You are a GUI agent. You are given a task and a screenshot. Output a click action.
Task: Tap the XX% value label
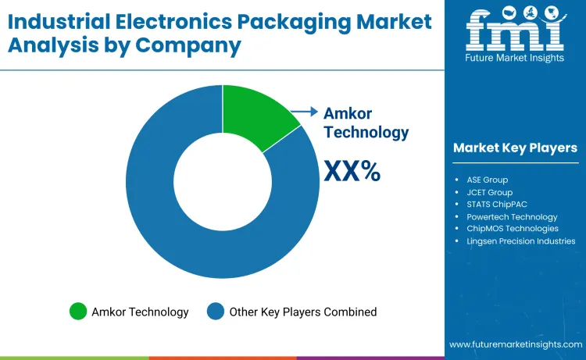click(352, 170)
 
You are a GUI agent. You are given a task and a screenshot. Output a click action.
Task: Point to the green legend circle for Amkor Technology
click(78, 312)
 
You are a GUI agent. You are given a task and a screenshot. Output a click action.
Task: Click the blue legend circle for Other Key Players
click(215, 312)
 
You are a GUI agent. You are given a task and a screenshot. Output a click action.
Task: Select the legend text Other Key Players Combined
click(302, 312)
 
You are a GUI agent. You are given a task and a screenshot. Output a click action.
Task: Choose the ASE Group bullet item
click(487, 180)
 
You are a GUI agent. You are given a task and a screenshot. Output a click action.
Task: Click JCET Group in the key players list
click(489, 192)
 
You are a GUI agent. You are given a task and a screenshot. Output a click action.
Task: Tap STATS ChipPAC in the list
click(498, 205)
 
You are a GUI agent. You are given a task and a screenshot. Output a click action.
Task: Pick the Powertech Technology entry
click(512, 216)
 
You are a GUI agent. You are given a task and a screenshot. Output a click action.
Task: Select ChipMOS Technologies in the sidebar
click(513, 228)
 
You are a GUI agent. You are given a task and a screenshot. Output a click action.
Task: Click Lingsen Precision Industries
click(520, 241)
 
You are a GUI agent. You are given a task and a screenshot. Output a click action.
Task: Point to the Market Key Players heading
click(515, 148)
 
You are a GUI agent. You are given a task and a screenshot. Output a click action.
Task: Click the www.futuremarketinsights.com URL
click(516, 344)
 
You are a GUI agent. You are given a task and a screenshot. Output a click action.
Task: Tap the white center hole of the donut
click(223, 180)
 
